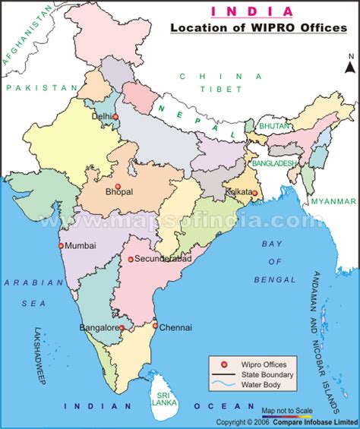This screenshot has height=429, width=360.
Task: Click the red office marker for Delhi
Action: (116, 118)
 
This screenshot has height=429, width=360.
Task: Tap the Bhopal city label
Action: (119, 192)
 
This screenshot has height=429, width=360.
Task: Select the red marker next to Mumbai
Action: (61, 246)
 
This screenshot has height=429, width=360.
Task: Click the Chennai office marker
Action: (155, 327)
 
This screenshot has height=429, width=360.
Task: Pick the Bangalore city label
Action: (98, 328)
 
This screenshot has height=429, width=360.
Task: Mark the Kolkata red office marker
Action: (255, 193)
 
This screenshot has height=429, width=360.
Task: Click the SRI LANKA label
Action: (160, 399)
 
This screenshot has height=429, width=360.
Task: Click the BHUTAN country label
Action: (273, 125)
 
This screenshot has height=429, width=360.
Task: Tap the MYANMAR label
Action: (333, 201)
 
